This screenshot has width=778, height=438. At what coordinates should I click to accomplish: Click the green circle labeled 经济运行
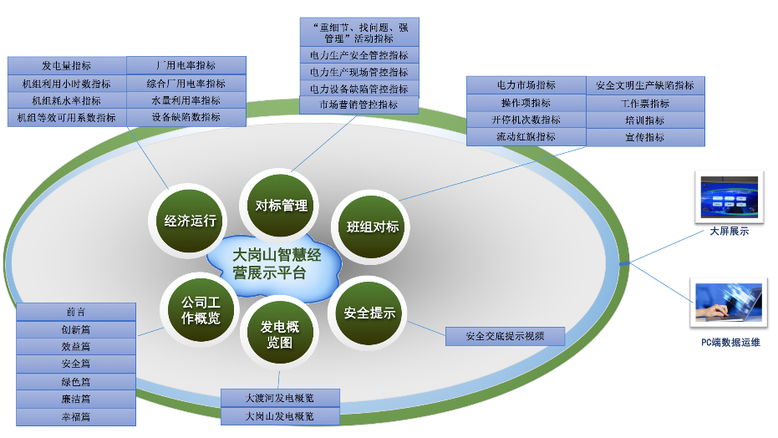point(191,221)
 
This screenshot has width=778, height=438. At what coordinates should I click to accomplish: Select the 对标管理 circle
point(281,206)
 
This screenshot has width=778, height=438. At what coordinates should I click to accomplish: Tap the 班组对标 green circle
point(373,227)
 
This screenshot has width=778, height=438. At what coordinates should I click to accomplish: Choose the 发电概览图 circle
point(279,334)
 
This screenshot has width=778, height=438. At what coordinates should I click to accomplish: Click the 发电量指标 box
point(67,65)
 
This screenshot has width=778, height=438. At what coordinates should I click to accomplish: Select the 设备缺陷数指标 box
point(186,118)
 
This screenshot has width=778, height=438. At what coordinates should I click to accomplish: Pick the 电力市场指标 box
point(526,85)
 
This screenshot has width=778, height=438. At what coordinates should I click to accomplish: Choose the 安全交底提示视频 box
point(506,337)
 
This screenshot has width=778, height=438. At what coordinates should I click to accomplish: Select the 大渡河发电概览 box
point(280,397)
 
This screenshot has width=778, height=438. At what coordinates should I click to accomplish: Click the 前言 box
point(76,312)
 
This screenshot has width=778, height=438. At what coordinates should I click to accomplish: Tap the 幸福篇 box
point(76,416)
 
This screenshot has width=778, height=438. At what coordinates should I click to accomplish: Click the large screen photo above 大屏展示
point(729,197)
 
